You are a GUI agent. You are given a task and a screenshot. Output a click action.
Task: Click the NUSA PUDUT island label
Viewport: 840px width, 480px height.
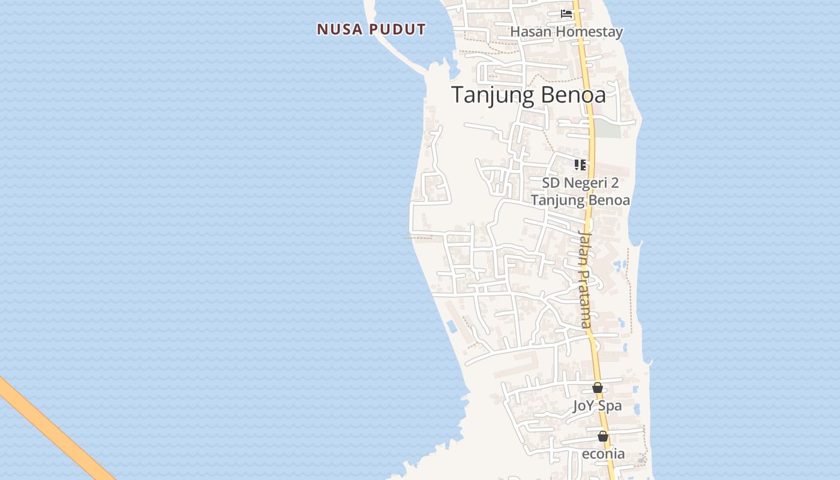pos(371,29)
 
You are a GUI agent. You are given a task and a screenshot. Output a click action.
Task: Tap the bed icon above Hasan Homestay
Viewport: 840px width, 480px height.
pos(566,14)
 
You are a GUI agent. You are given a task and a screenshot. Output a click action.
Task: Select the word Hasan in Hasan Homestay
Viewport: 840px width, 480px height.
pos(530,32)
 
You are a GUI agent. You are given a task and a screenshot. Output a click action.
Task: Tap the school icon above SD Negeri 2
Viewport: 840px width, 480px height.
pos(580,164)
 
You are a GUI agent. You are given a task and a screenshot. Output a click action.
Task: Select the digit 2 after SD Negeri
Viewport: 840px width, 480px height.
pos(614,183)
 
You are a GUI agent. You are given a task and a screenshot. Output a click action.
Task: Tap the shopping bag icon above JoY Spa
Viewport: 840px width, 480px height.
pos(597,388)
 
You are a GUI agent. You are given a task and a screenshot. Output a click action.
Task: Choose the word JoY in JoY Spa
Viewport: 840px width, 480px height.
pos(584,406)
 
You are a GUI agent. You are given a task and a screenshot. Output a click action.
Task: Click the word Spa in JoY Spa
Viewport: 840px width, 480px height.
pos(610,406)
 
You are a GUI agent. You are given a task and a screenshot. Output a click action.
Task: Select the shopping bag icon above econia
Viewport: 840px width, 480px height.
pos(603,436)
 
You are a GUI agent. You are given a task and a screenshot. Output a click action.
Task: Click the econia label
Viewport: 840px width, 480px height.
pos(603,454)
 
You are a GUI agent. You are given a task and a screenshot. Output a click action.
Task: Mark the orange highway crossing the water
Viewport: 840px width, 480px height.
pos(54,429)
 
